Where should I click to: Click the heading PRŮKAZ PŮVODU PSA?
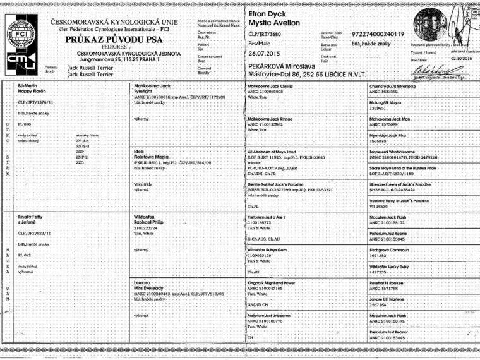112,39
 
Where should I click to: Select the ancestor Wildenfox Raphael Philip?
152,220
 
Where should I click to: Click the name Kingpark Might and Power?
272,284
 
